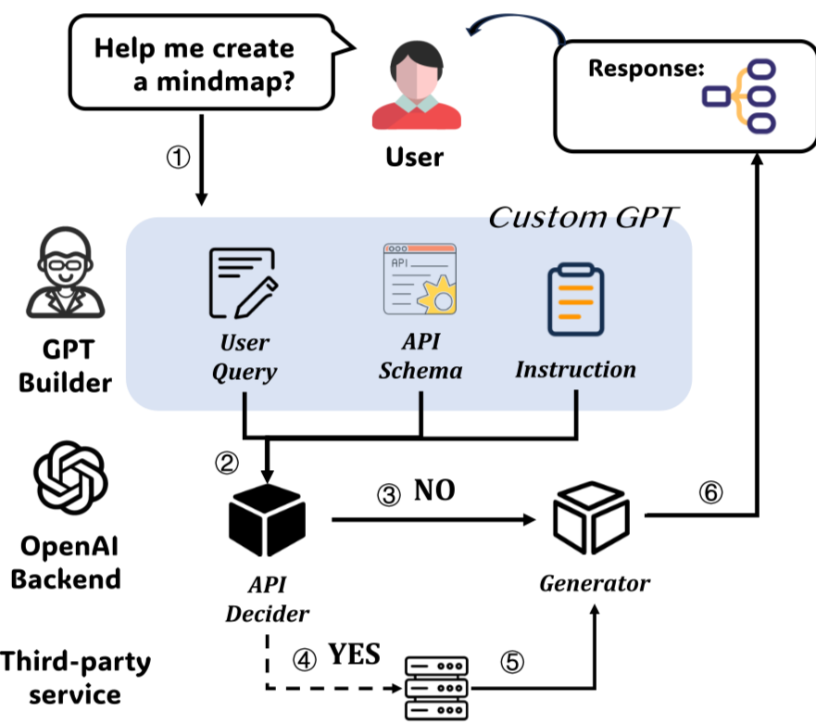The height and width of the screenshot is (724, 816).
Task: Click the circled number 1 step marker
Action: point(178,156)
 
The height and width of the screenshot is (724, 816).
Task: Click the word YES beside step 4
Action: point(354,654)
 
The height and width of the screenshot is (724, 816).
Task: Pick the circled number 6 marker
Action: point(710,492)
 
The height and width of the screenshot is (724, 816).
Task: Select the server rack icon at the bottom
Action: point(438,687)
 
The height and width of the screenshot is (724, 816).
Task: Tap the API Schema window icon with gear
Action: point(420,278)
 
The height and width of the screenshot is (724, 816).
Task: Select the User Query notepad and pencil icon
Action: point(243,282)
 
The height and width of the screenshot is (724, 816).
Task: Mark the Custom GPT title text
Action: point(584,218)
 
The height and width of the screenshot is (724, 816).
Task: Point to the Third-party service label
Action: point(74,677)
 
